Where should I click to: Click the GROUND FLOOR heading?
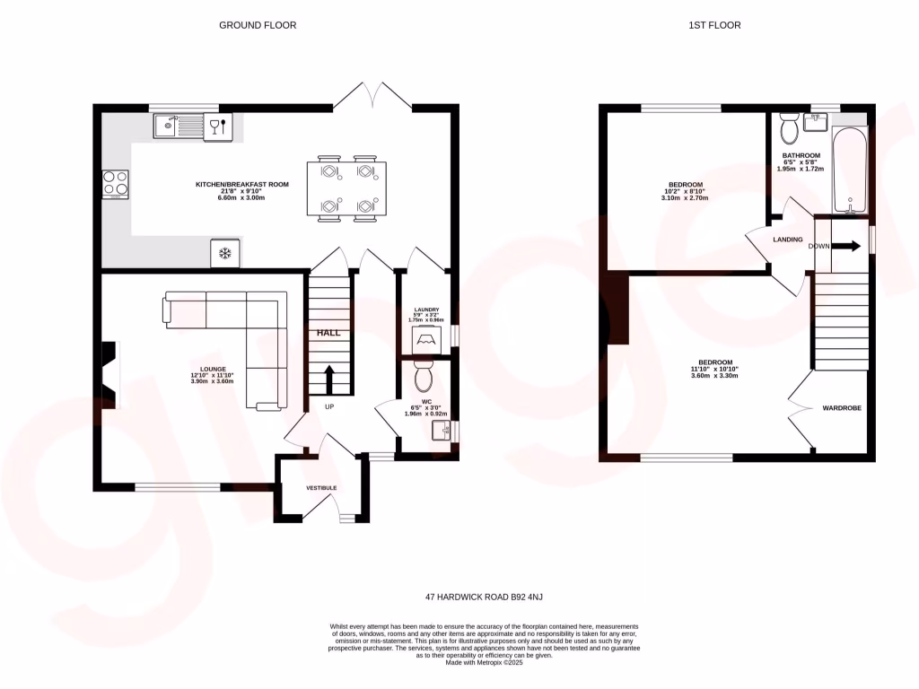tap(258, 25)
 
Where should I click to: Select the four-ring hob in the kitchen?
tap(115, 183)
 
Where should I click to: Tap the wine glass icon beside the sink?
tap(217, 126)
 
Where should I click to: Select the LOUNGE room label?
tap(213, 370)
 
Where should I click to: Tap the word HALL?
tap(328, 333)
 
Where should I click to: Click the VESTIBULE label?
tap(321, 488)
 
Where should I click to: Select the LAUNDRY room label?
tap(426, 310)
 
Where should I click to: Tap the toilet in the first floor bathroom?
tap(791, 131)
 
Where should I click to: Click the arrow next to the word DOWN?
tap(850, 246)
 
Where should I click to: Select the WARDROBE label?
tap(842, 408)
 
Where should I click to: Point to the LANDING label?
tap(788, 240)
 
